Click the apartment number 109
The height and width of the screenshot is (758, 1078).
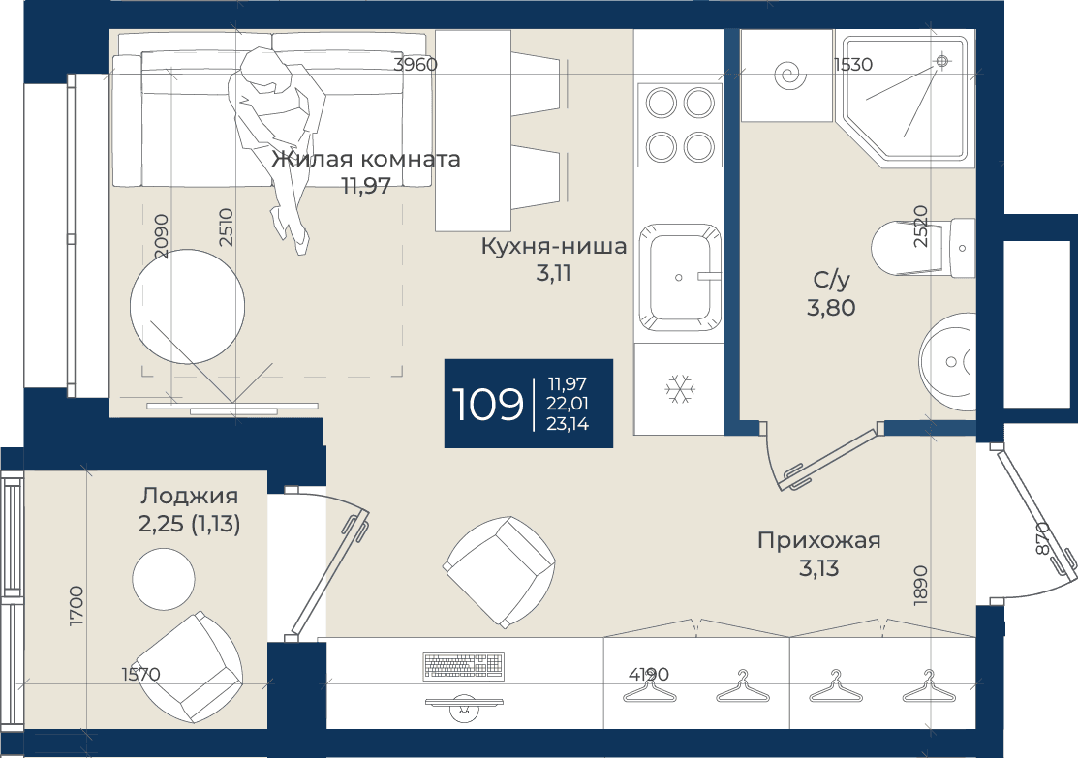pyautogui.click(x=487, y=404)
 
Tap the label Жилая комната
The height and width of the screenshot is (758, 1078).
pyautogui.click(x=366, y=160)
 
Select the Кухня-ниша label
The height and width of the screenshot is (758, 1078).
pyautogui.click(x=553, y=246)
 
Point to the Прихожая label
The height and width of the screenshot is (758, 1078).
pyautogui.click(x=818, y=541)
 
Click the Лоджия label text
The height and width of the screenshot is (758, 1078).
pyautogui.click(x=190, y=497)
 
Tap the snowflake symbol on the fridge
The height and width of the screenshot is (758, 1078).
pyautogui.click(x=680, y=389)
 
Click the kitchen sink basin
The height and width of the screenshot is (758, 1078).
pyautogui.click(x=680, y=279)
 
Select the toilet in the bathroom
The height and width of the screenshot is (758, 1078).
pyautogui.click(x=923, y=248)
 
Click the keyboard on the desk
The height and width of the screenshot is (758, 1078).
pyautogui.click(x=464, y=665)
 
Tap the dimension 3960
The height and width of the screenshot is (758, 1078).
pyautogui.click(x=416, y=65)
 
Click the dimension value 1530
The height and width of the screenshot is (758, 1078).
pyautogui.click(x=853, y=65)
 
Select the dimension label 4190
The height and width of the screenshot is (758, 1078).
pyautogui.click(x=648, y=674)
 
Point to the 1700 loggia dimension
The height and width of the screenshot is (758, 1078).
pyautogui.click(x=76, y=605)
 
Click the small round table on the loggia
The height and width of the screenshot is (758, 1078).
pyautogui.click(x=164, y=579)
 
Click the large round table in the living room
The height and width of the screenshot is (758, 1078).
pyautogui.click(x=188, y=307)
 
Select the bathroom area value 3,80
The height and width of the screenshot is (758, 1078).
pyautogui.click(x=831, y=308)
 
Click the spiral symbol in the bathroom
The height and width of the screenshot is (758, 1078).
pyautogui.click(x=790, y=76)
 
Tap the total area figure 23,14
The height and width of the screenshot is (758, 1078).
pyautogui.click(x=568, y=424)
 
